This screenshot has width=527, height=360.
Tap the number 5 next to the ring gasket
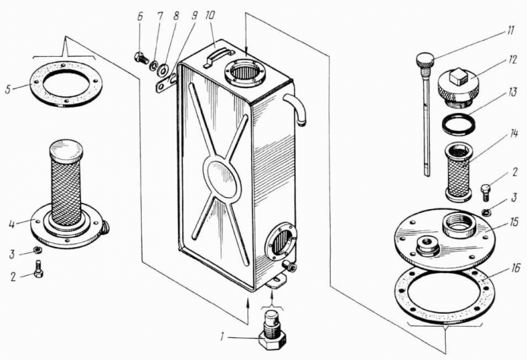click(x=8, y=88)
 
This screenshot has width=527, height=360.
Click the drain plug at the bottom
click(x=273, y=331)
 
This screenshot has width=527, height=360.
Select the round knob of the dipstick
click(x=425, y=58)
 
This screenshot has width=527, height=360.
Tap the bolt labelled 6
click(x=142, y=57)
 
